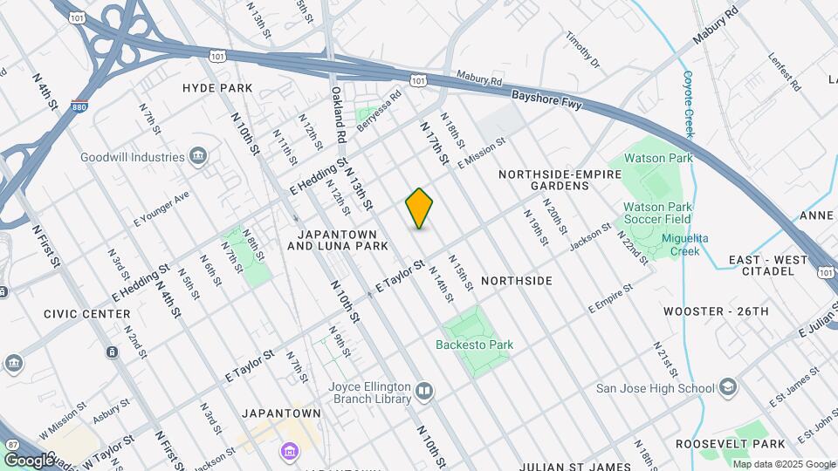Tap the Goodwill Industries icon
click(x=198, y=157)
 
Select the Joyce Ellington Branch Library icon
click(x=424, y=390)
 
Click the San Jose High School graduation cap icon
click(x=727, y=387)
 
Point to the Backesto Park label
click(x=474, y=345)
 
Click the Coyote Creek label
click(x=689, y=104)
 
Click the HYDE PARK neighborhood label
click(x=217, y=88)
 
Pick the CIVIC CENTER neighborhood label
click(x=87, y=313)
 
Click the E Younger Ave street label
click(x=161, y=209)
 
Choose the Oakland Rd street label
click(x=339, y=114)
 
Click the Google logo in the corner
click(x=29, y=460)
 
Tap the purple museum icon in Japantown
click(x=289, y=450)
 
